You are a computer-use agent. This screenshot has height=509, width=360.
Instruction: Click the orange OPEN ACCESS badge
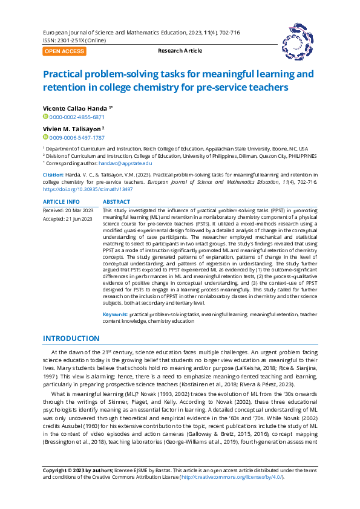(x=64, y=51)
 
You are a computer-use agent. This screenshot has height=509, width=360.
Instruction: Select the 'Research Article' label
(x=180, y=51)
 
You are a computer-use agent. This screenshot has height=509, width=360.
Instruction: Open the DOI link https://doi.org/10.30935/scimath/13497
(x=87, y=189)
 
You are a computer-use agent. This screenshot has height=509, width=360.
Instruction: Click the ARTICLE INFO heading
(x=61, y=201)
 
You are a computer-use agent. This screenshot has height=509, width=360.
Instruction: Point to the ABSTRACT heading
(x=116, y=201)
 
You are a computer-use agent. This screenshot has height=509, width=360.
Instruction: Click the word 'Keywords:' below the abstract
(x=115, y=314)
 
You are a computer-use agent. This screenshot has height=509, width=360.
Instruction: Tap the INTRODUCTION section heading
(x=71, y=339)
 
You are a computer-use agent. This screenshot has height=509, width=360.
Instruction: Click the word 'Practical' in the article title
(x=66, y=74)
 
